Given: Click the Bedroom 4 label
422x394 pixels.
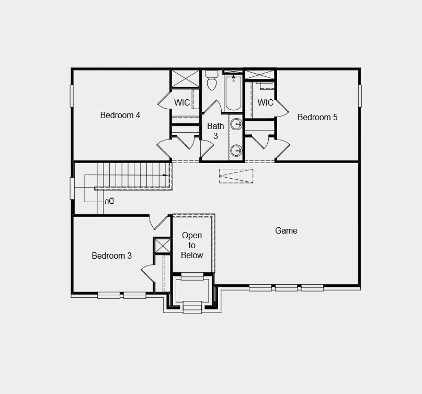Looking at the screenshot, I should click(120, 115).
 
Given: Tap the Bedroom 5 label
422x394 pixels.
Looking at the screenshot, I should click(317, 117).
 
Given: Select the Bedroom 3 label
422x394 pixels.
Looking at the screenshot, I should click(111, 256).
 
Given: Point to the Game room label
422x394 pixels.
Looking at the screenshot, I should click(286, 230).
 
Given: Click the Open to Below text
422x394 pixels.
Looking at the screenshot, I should click(192, 245).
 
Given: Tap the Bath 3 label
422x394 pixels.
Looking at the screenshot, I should click(215, 131).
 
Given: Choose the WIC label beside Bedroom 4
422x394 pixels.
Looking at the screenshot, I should click(182, 102).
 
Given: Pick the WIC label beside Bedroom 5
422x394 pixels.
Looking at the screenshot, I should click(266, 102).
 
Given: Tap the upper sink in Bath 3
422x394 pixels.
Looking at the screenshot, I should click(236, 124).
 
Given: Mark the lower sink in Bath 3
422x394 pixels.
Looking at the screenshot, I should click(236, 150).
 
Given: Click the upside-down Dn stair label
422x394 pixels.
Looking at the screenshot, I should click(109, 201).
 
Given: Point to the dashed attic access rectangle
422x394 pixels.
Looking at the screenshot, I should click(236, 176).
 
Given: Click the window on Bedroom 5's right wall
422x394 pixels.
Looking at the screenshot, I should click(360, 96).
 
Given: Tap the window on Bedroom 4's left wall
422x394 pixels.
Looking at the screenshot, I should click(72, 96).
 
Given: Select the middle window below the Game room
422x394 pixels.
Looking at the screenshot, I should click(286, 287).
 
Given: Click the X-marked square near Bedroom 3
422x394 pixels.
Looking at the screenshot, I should click(163, 246).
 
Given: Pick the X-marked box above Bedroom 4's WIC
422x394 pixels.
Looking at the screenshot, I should click(185, 78).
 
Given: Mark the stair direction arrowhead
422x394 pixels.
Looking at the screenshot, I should click(166, 175).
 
